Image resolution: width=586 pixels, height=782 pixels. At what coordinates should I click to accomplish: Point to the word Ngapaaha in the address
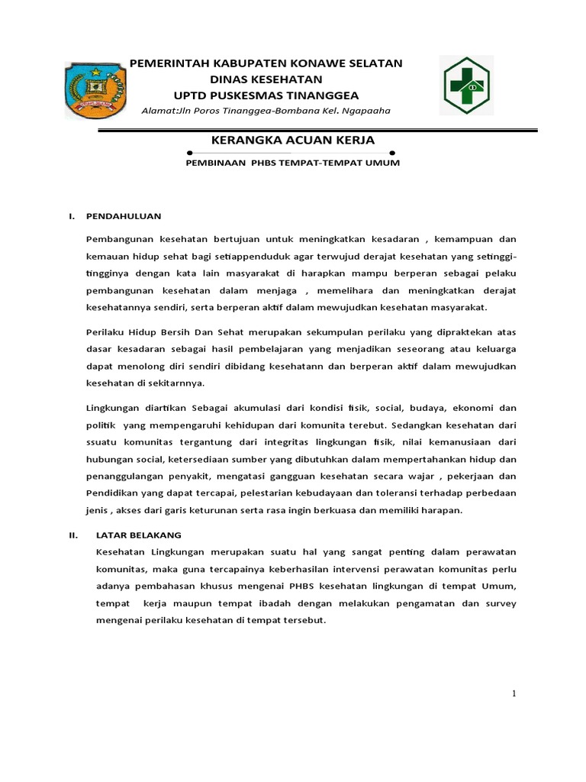click(x=366, y=111)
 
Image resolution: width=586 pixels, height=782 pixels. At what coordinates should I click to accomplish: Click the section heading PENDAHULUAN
click(x=123, y=216)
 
